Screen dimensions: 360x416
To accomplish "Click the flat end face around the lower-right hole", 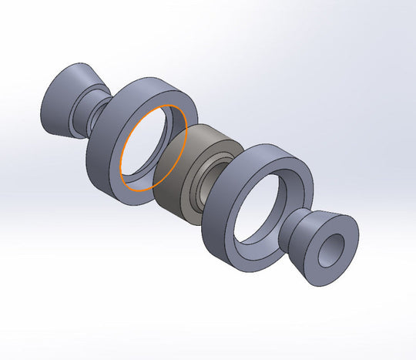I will (x=344, y=234).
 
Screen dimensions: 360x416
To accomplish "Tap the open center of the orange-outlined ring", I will (x=154, y=146).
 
